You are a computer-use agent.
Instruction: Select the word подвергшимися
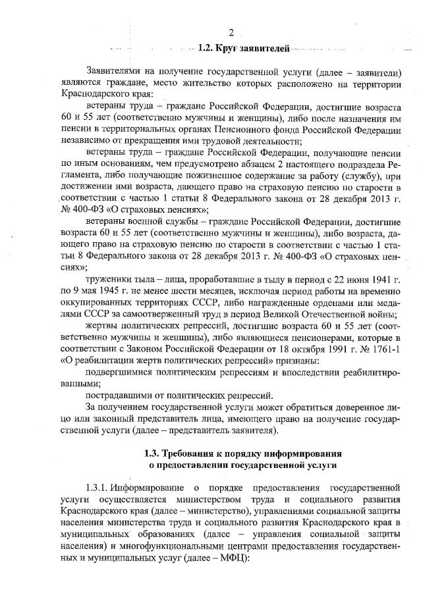[123, 371]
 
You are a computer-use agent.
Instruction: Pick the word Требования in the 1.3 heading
[194, 453]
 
